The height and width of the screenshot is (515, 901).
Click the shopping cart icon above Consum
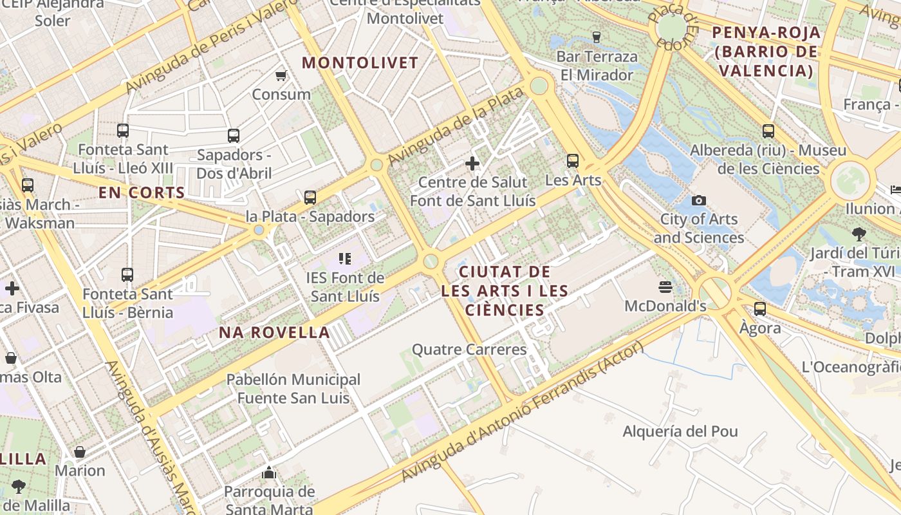pos(281,76)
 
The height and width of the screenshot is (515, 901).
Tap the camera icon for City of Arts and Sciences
pos(698,200)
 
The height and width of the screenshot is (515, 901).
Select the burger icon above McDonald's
pos(665,286)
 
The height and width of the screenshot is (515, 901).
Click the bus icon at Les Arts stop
pos(572,161)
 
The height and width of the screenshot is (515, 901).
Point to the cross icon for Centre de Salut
pos(472,163)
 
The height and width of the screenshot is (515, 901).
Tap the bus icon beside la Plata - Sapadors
pos(310,198)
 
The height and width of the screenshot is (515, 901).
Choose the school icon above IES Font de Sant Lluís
pos(345,259)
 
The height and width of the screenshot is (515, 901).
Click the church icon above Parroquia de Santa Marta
pos(269,473)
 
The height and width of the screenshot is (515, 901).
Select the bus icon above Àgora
pos(760,309)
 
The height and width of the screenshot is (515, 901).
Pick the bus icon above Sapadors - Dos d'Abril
pos(234,136)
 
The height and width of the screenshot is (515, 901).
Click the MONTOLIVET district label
pos(360,63)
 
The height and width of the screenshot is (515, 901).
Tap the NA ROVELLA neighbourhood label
pos(274,333)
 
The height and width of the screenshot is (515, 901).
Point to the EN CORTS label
pos(142,192)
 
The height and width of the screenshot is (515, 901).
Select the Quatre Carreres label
pos(469,350)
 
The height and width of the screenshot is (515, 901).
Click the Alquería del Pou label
pos(680,431)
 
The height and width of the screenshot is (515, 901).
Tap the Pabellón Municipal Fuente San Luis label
pos(293,389)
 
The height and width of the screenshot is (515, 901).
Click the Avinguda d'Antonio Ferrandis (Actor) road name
pos(522,412)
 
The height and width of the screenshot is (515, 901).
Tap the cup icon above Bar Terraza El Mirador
pos(596,37)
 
